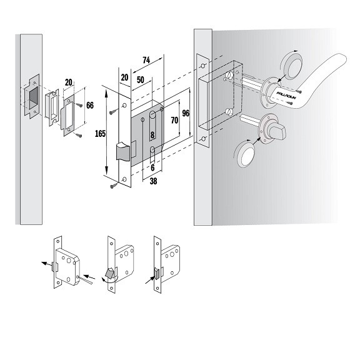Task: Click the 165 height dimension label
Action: pos(101,134)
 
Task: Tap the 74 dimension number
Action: pos(146,60)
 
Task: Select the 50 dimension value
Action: pos(141,80)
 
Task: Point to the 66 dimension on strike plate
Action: pos(90,106)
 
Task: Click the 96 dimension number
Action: pos(186,113)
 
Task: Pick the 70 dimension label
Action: pos(174,120)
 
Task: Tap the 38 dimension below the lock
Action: pos(153,181)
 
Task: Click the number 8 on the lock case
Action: pos(152,135)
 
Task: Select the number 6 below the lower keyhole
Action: pos(152,168)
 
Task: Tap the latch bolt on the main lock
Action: pos(123,151)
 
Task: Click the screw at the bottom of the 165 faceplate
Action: pos(114,186)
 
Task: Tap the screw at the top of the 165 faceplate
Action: pos(113,112)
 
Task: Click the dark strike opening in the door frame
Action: pos(33,97)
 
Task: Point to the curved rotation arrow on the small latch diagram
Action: pos(109,279)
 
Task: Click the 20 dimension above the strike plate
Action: pos(68,82)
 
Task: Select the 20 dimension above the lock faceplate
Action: pos(124,77)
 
